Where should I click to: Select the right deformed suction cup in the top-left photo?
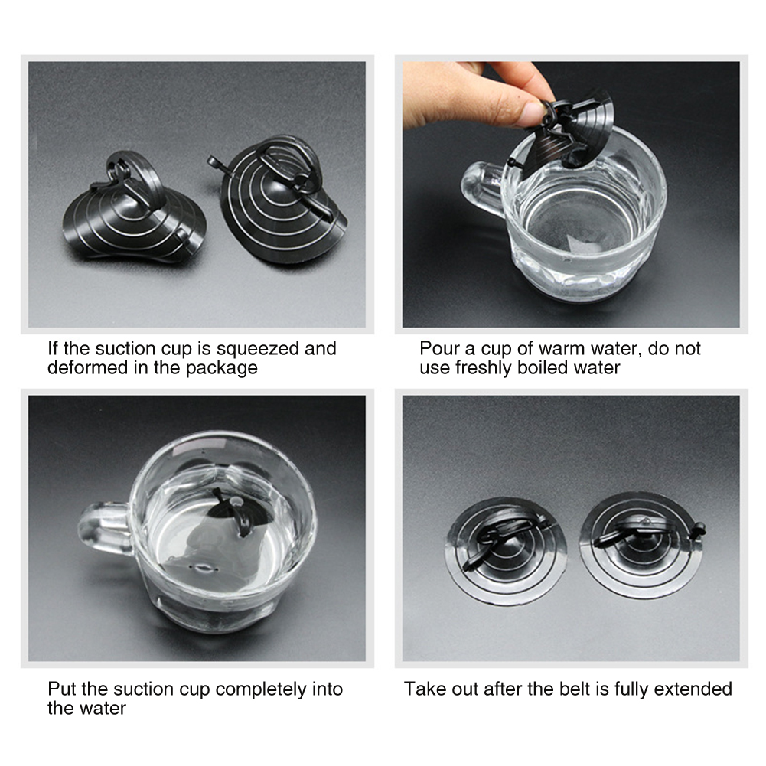pos(283,200)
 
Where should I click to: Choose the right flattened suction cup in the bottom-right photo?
pos(641,545)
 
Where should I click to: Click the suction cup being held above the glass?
pos(567,132)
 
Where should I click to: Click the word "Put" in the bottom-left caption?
pos(62,689)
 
